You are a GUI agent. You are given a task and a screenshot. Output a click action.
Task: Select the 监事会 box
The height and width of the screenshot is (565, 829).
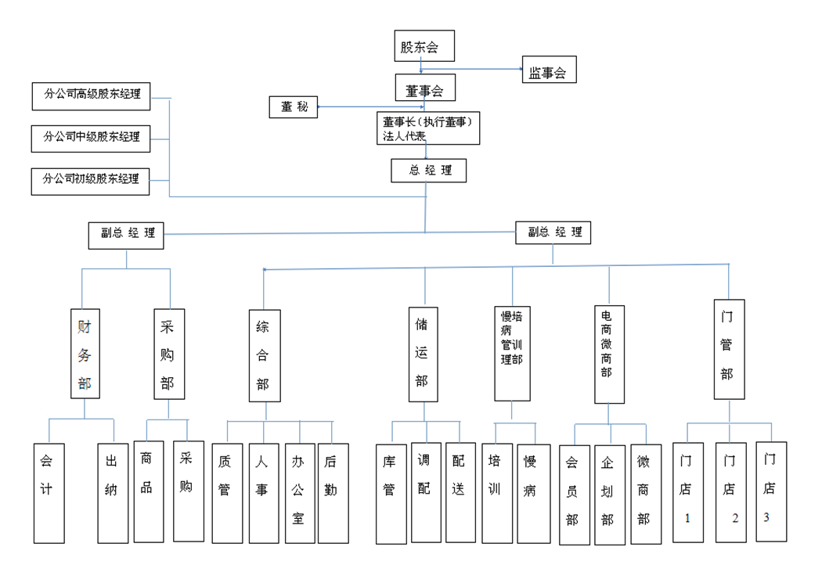click(x=548, y=73)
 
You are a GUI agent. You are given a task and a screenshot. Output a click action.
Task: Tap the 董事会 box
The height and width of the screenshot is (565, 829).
click(x=424, y=91)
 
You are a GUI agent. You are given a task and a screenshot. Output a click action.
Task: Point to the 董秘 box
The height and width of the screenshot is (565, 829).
click(x=294, y=107)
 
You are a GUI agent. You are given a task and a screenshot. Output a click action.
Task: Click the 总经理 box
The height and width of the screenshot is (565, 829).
click(x=428, y=171)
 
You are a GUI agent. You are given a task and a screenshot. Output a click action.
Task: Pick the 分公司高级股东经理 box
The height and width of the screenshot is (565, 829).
click(x=92, y=95)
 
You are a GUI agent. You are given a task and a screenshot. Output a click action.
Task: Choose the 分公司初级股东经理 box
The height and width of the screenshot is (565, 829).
click(x=92, y=180)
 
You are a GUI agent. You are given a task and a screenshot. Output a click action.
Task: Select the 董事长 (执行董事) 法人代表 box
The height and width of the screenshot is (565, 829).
click(x=427, y=128)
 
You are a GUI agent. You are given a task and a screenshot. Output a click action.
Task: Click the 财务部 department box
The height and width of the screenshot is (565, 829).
click(x=84, y=354)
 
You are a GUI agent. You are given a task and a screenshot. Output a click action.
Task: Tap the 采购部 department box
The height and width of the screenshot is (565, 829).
click(x=168, y=354)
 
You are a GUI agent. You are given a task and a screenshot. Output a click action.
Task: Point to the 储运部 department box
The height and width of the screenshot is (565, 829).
click(x=423, y=354)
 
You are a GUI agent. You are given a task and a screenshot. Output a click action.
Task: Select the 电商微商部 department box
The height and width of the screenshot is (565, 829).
click(x=608, y=354)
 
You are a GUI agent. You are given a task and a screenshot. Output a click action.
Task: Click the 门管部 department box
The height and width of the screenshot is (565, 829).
click(x=728, y=349)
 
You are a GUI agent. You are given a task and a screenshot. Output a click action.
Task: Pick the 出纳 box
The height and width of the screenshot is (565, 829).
click(x=113, y=493)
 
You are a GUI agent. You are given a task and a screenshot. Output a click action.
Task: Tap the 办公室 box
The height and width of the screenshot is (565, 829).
click(x=298, y=494)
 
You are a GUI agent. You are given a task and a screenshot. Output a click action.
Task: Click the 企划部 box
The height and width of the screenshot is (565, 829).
click(x=608, y=495)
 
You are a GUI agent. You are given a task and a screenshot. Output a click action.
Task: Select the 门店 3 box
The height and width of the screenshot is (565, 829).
click(x=770, y=491)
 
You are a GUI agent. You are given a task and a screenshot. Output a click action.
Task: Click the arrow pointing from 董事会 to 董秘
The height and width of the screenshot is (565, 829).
click(x=320, y=107)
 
